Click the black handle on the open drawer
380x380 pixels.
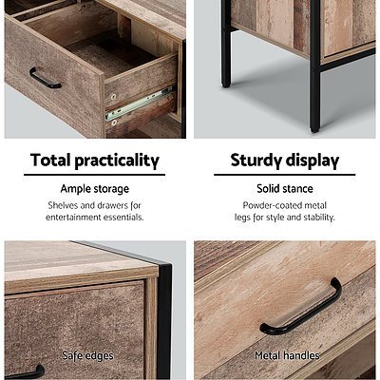[x=44, y=78]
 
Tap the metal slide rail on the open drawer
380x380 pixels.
[x=140, y=104]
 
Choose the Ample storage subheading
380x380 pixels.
[x=95, y=189]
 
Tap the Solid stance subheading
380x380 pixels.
[x=284, y=189]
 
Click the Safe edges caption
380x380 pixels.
[x=87, y=356]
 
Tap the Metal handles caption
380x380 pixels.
[x=285, y=356]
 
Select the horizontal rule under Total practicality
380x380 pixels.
[x=95, y=175]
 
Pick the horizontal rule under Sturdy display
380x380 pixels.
[x=284, y=175]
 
